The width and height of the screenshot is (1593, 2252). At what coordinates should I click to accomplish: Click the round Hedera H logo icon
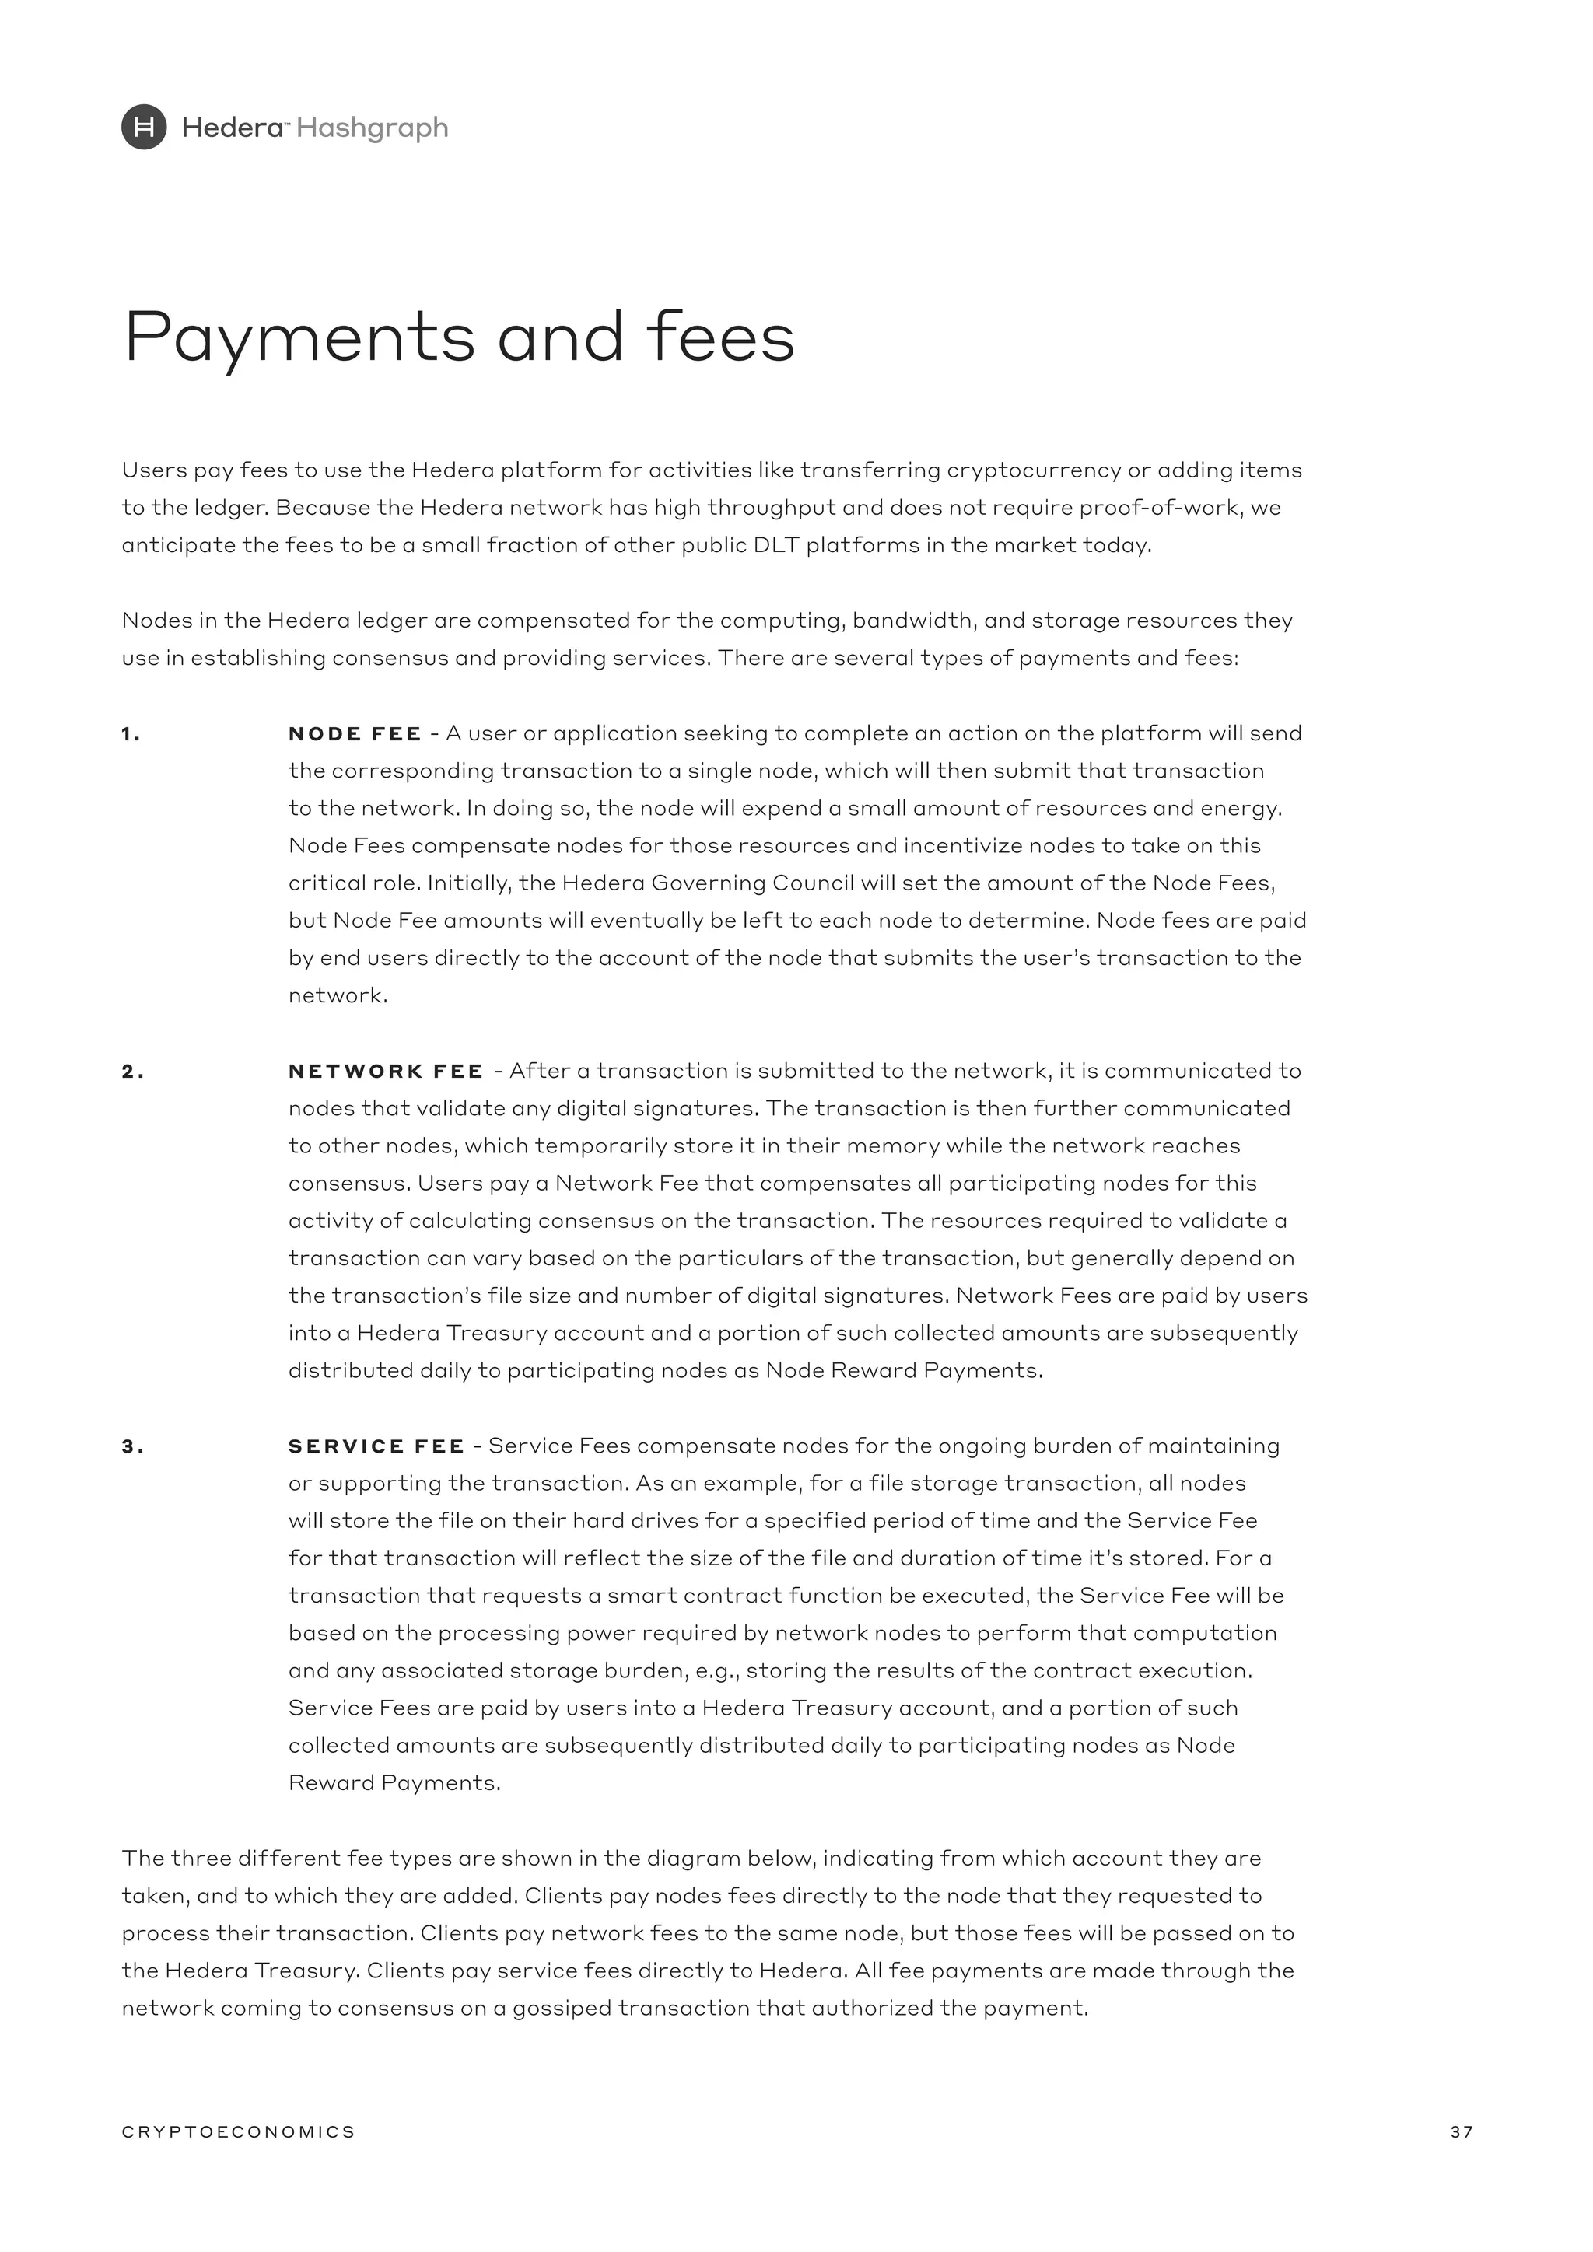coord(144,128)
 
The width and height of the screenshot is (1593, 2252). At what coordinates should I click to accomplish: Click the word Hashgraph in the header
coord(372,128)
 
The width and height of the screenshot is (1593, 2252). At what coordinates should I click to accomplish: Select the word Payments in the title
coord(299,337)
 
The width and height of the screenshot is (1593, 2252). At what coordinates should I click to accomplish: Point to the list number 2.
coord(132,1072)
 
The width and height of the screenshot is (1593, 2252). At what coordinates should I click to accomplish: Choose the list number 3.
coord(132,1446)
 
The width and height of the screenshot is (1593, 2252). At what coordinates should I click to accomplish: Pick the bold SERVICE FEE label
coord(376,1446)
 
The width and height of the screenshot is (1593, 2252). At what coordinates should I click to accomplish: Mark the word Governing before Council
coord(707,883)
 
